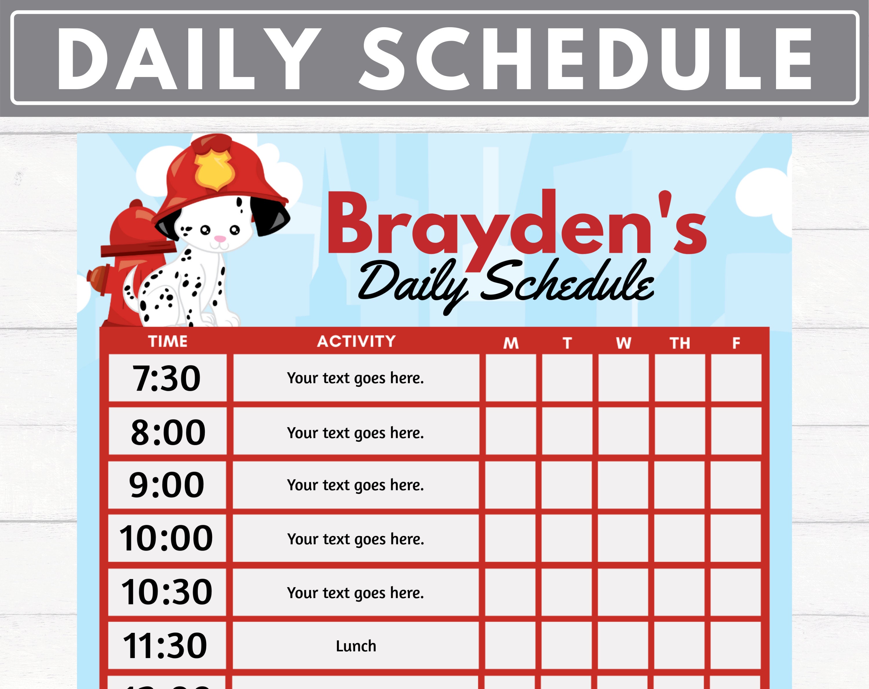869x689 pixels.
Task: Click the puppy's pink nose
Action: [220, 239]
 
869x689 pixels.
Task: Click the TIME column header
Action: [168, 342]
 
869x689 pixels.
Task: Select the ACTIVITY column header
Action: [356, 341]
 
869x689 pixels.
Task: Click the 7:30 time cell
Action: [167, 378]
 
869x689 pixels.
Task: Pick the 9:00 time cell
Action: [167, 485]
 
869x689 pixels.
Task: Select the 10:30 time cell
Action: [167, 592]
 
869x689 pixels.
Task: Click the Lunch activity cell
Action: [356, 646]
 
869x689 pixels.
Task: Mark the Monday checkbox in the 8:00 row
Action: [511, 431]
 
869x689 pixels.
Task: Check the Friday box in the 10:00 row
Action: [735, 538]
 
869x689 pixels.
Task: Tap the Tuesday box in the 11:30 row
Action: [567, 646]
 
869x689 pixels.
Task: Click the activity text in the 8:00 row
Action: [355, 433]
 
